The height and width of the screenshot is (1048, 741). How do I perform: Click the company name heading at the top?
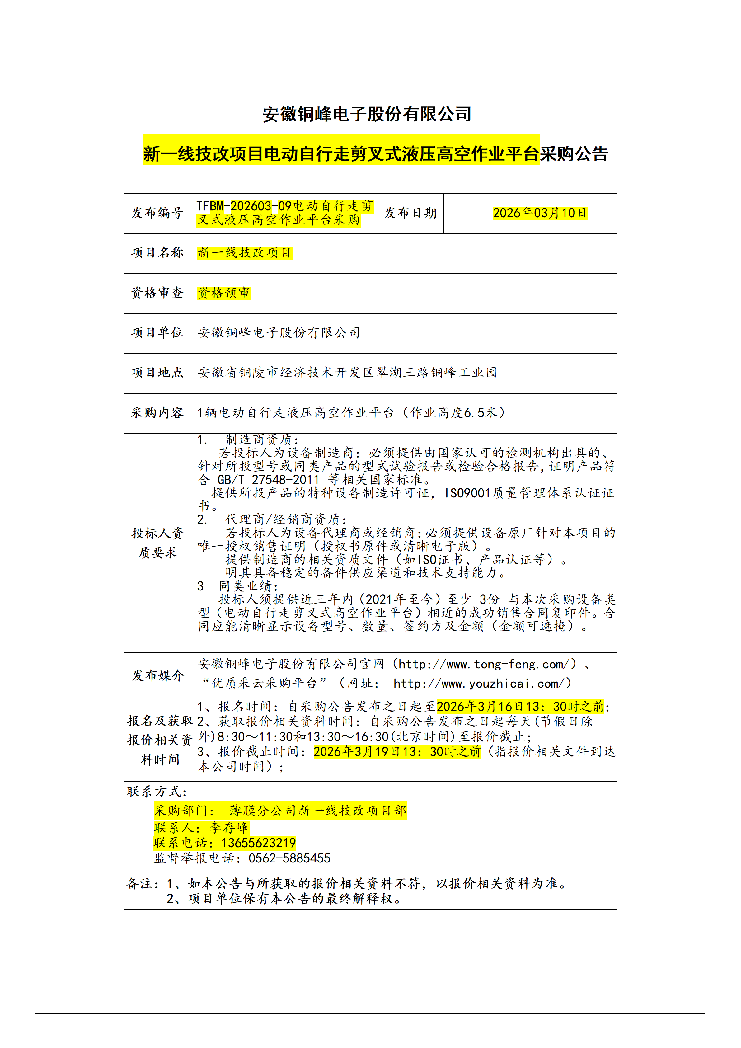[x=367, y=114]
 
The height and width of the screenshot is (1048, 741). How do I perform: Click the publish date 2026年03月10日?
[x=539, y=213]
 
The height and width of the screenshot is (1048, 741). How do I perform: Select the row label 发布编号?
[x=157, y=213]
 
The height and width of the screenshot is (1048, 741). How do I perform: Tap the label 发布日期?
[x=410, y=213]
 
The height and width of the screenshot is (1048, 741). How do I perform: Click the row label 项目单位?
[x=157, y=333]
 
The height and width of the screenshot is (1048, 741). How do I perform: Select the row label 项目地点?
[x=157, y=373]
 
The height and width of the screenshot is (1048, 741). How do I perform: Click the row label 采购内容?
[x=157, y=413]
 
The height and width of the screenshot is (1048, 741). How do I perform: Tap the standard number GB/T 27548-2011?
[x=268, y=480]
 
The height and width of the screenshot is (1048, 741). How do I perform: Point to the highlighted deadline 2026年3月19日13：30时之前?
[x=397, y=752]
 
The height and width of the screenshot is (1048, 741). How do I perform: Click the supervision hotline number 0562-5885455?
[x=289, y=858]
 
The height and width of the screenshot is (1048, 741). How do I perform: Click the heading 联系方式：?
[x=157, y=792]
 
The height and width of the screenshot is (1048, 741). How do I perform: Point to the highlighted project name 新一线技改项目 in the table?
[x=245, y=253]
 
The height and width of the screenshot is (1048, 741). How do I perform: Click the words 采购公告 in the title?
[x=574, y=154]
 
